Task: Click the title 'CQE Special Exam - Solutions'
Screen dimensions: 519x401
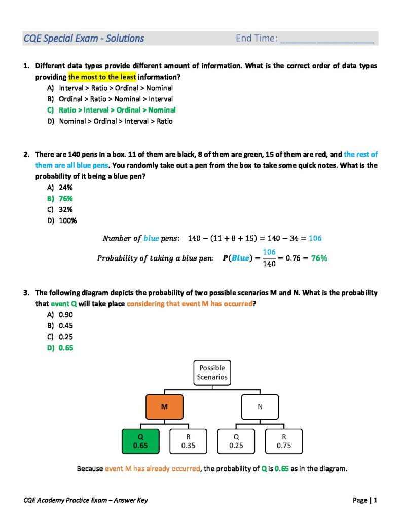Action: pyautogui.click(x=84, y=39)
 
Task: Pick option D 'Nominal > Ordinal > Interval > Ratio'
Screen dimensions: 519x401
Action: pyautogui.click(x=116, y=121)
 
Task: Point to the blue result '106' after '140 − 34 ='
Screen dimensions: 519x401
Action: pyautogui.click(x=315, y=238)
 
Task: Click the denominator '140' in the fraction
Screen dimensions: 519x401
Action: pyautogui.click(x=269, y=264)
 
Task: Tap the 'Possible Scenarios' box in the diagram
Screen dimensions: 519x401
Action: pyautogui.click(x=212, y=373)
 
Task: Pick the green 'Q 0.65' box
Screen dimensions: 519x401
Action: pyautogui.click(x=140, y=441)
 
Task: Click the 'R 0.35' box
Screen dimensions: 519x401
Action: pyautogui.click(x=188, y=441)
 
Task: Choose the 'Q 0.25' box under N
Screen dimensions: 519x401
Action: pyautogui.click(x=236, y=441)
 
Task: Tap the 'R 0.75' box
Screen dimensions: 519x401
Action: pyautogui.click(x=284, y=441)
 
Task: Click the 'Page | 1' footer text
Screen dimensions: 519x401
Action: pyautogui.click(x=365, y=501)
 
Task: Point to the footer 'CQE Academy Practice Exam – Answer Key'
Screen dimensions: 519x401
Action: pyautogui.click(x=86, y=501)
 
